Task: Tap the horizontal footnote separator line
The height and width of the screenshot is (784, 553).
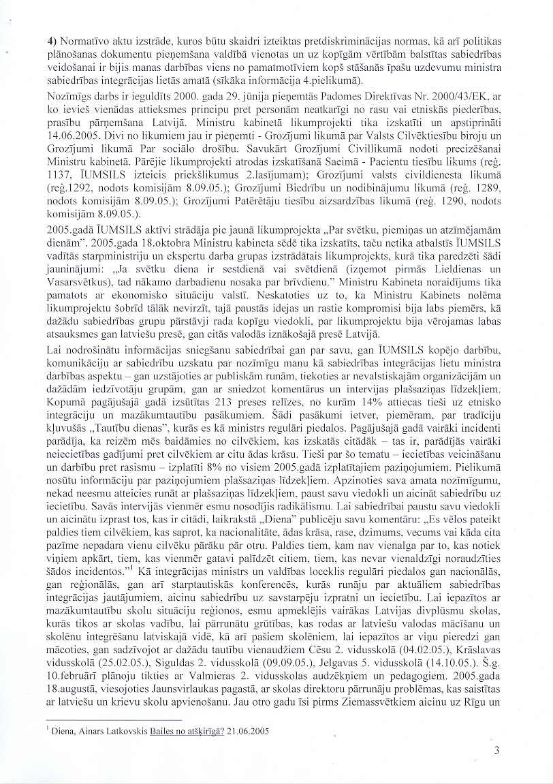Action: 113,720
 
